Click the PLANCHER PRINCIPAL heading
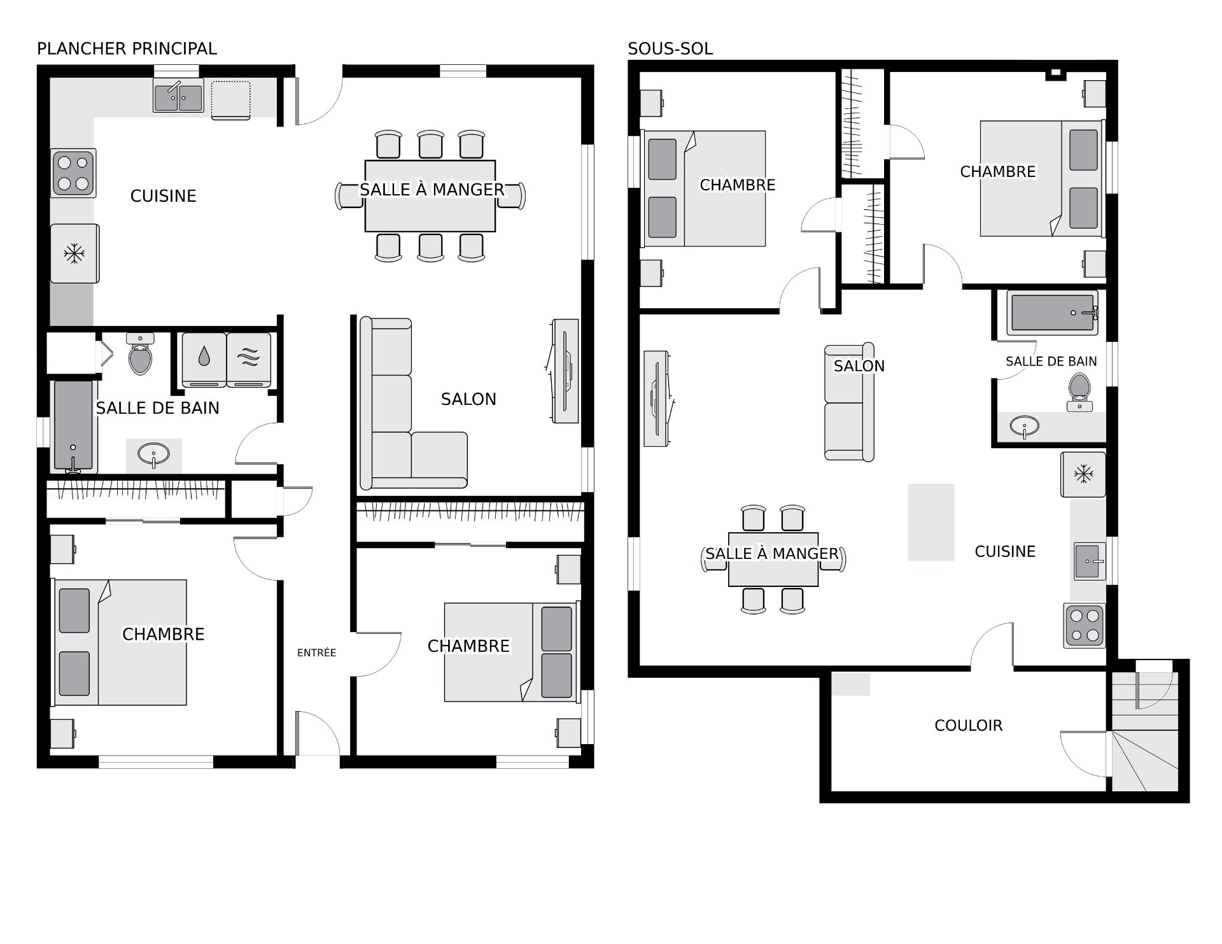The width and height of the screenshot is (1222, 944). (x=127, y=48)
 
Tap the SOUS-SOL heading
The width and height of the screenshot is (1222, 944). (x=670, y=48)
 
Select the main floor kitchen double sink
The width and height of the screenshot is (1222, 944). (x=178, y=97)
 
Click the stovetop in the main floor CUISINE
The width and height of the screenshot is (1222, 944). (x=74, y=173)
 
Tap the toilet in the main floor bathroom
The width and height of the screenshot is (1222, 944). (x=141, y=353)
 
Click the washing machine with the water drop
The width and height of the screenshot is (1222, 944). (x=204, y=360)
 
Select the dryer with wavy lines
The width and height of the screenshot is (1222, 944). (x=249, y=360)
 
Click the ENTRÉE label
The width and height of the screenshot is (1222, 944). (x=316, y=652)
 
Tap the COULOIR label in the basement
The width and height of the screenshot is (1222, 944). (x=968, y=725)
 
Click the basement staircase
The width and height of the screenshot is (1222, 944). (x=1144, y=732)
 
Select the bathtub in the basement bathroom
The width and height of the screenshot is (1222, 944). (x=1052, y=313)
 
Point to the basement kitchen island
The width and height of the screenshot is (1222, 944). (x=931, y=522)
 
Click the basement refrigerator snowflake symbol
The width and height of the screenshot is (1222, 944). (x=1083, y=474)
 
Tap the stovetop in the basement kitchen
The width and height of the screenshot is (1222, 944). (x=1085, y=626)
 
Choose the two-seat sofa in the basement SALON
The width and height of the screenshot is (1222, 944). (x=849, y=402)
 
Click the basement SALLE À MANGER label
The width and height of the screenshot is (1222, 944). (x=772, y=554)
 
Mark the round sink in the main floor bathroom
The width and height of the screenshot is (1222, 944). (x=154, y=455)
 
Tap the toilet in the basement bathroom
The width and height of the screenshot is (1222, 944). (x=1079, y=391)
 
